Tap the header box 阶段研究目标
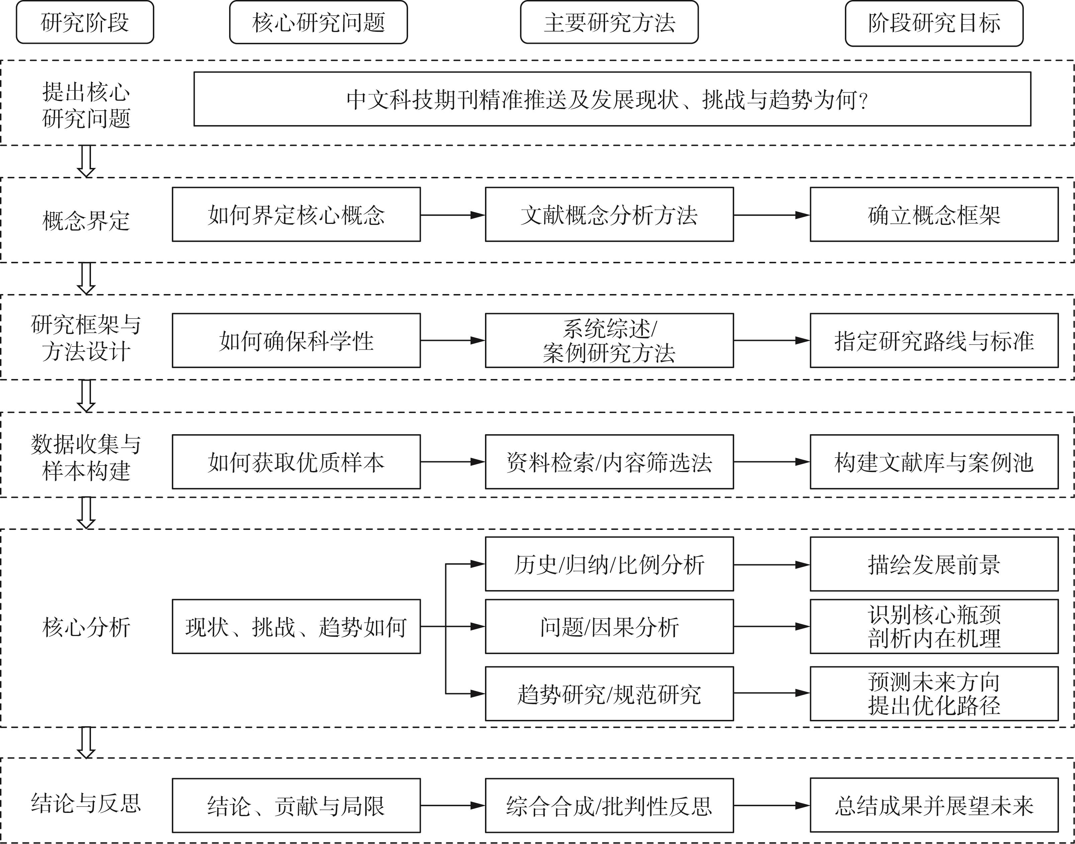(934, 23)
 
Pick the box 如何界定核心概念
(296, 214)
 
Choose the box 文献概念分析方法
(609, 214)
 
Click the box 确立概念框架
(934, 214)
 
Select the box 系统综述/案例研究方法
(609, 341)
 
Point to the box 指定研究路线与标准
(934, 341)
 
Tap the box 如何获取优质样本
(296, 462)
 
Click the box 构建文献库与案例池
(934, 462)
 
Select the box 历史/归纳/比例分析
(609, 564)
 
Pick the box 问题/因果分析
(609, 627)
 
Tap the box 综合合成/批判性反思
(609, 806)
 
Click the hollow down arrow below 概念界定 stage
(86, 279)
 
